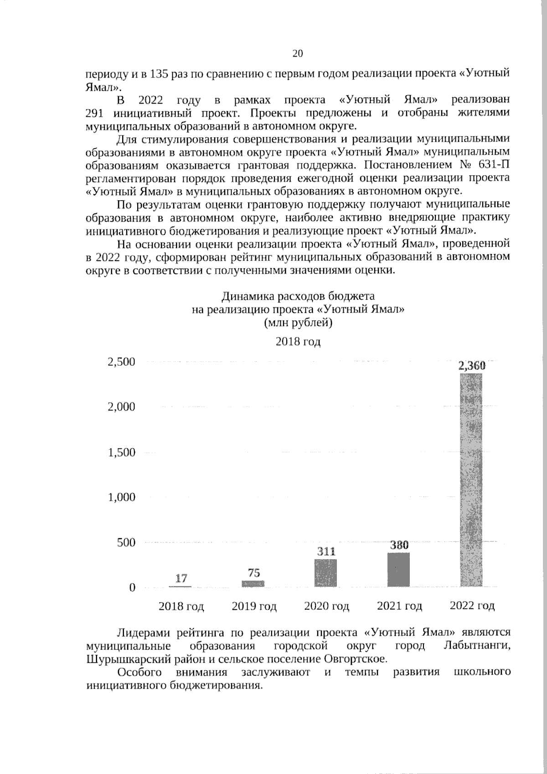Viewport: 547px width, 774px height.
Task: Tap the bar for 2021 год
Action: coord(399,570)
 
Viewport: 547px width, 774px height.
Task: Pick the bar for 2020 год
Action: coord(325,573)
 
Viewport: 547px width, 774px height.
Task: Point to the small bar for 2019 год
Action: coord(253,583)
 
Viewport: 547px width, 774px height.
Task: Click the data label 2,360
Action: coord(472,365)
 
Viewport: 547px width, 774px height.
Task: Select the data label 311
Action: coord(326,551)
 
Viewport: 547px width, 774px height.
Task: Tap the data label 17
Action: coord(181,578)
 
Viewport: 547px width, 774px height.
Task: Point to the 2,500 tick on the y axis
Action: coord(121,362)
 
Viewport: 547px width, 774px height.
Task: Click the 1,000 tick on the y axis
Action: coord(121,497)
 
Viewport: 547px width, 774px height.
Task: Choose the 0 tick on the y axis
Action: coord(132,587)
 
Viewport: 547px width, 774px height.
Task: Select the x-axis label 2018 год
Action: coord(181,606)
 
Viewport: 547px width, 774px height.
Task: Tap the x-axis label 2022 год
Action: coord(472,606)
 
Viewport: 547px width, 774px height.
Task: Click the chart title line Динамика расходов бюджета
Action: coord(298,297)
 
